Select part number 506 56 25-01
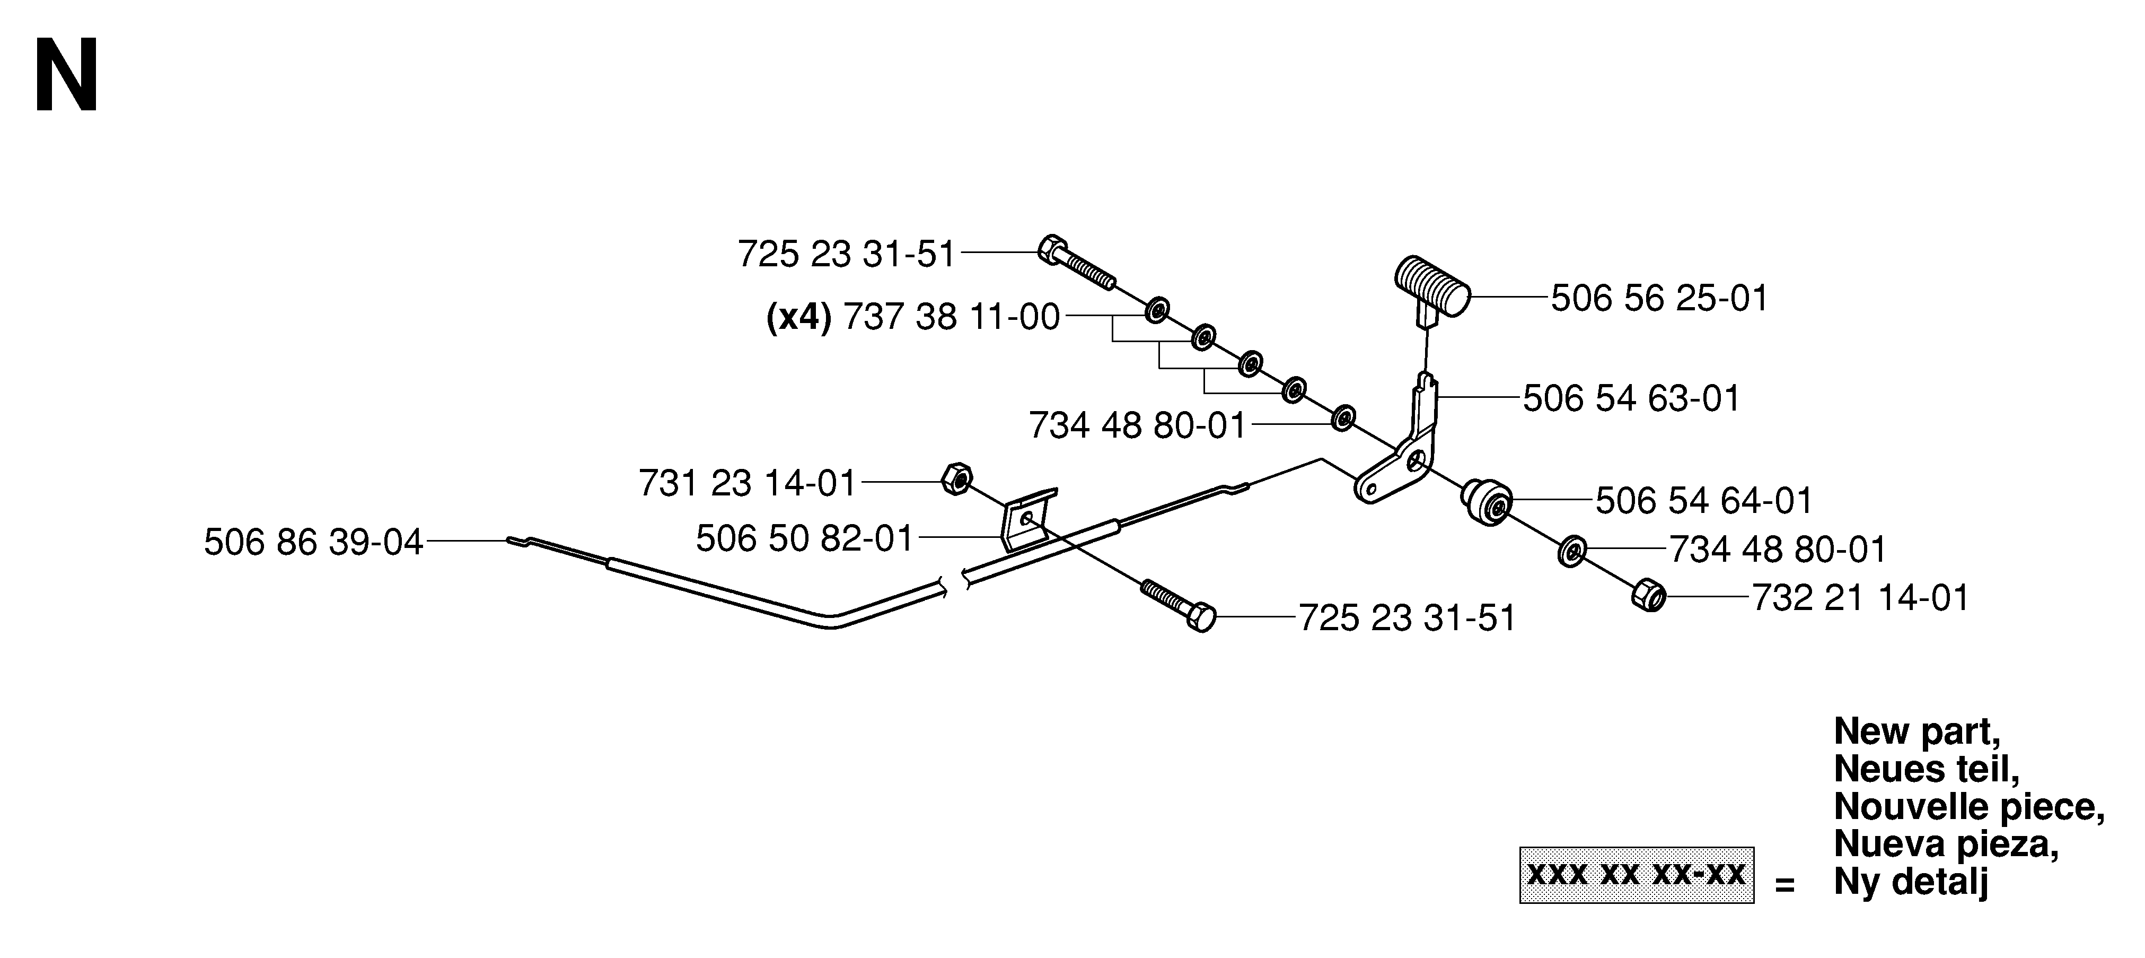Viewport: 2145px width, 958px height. click(x=1659, y=298)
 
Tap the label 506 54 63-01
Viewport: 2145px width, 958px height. click(x=1631, y=398)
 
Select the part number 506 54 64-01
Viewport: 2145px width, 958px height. click(x=1704, y=501)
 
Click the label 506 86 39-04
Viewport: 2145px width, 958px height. click(x=314, y=543)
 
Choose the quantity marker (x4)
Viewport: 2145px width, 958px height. click(x=798, y=317)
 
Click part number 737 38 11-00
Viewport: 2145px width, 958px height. click(x=951, y=317)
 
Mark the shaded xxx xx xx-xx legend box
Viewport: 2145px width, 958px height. click(x=1636, y=875)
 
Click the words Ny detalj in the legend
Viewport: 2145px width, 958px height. click(x=1911, y=882)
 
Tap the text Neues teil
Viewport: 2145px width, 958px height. click(x=1927, y=769)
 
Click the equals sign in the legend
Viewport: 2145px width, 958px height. click(x=1783, y=885)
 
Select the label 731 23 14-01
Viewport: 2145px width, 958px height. click(x=748, y=483)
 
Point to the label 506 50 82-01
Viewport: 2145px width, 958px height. click(x=805, y=539)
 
